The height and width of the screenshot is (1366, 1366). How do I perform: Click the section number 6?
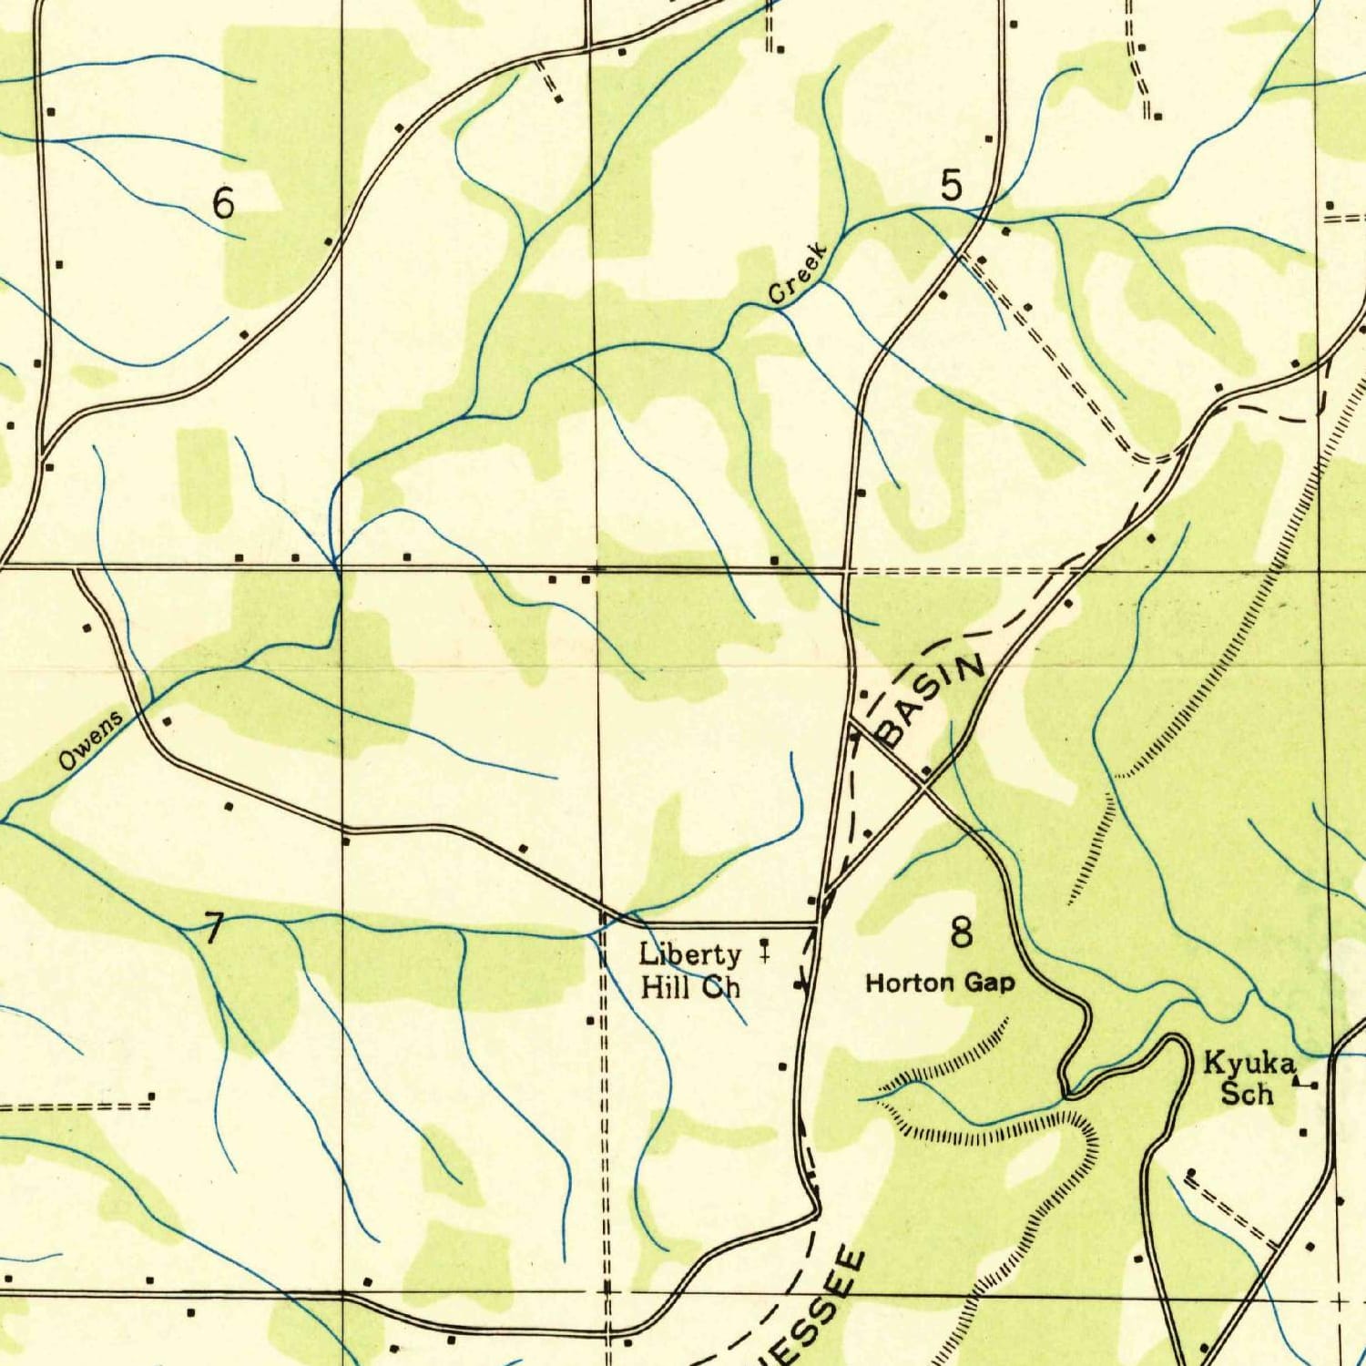223,202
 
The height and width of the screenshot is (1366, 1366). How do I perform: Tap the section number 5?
951,187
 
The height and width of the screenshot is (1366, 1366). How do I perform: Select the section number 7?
213,929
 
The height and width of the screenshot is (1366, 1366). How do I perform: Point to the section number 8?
961,933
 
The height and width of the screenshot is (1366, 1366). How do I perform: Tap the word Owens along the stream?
91,741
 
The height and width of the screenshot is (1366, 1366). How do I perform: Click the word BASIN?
930,699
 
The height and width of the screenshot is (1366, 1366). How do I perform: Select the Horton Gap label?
939,983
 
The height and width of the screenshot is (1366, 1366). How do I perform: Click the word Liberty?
689,955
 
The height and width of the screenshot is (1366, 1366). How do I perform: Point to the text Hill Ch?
690,986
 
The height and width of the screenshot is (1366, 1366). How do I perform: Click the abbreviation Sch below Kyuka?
1247,1092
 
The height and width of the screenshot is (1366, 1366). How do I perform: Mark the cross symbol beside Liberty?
764,952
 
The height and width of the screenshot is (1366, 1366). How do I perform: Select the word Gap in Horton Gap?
991,984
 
